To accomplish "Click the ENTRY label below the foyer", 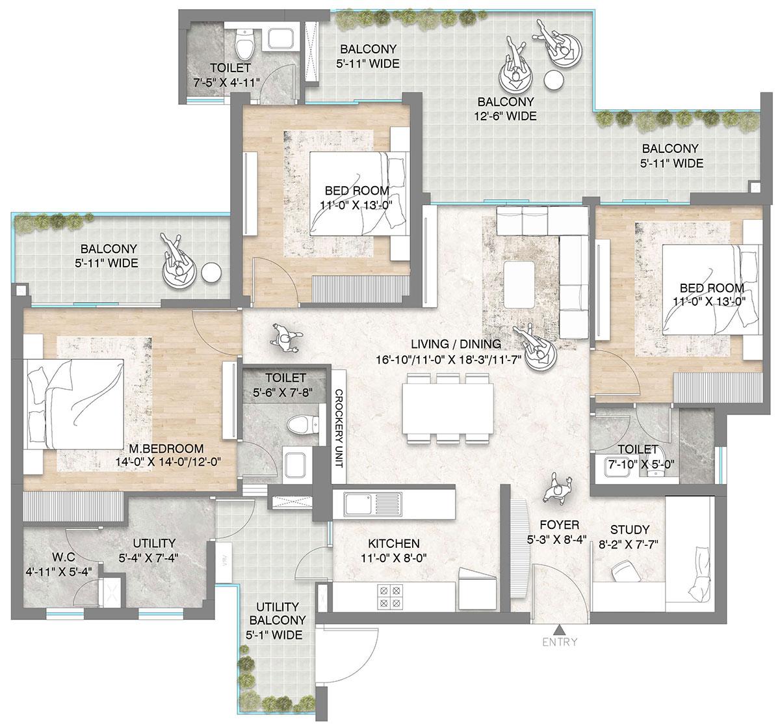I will coord(558,642).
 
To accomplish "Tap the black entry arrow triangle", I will coord(558,629).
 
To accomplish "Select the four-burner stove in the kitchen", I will coord(389,597).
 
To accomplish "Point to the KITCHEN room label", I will coord(393,543).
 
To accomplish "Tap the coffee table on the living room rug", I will coord(519,284).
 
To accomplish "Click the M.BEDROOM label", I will coord(166,449).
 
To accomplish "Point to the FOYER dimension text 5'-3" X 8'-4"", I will coord(557,539).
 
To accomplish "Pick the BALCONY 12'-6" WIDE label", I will coord(506,109).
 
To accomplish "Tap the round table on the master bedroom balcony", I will coord(211,273).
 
